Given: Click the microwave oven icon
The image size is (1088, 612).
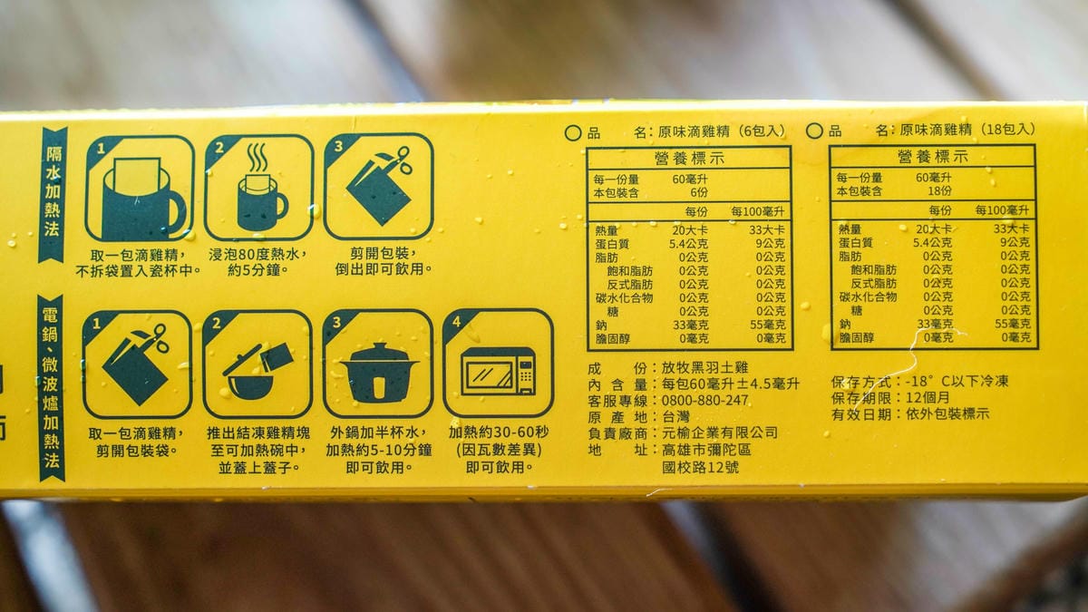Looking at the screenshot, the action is point(498,371).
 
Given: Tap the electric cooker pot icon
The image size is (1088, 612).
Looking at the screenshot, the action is point(379,372).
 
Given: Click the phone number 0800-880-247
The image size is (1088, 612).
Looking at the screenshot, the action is point(704,400).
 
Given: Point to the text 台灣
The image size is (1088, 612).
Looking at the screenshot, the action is point(675,417).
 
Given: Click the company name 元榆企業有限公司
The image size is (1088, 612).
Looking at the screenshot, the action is point(720,432).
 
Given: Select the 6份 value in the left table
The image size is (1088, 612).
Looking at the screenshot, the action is point(698,193).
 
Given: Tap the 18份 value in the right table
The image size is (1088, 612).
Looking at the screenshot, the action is point(939,191).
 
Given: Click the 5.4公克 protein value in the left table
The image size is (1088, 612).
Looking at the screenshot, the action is point(688,243).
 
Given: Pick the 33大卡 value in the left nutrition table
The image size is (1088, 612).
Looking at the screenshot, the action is point(766,229).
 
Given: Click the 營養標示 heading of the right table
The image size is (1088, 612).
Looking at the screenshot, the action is point(933,156).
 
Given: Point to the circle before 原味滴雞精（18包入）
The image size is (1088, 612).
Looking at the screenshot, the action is point(814,131).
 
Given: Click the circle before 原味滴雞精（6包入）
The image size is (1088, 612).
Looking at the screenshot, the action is point(573,133).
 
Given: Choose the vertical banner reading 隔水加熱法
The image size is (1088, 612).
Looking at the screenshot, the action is point(53,195).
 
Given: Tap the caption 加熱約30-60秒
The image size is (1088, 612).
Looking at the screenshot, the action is point(499,432).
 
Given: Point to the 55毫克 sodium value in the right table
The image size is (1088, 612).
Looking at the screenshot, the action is point(1013,323).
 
